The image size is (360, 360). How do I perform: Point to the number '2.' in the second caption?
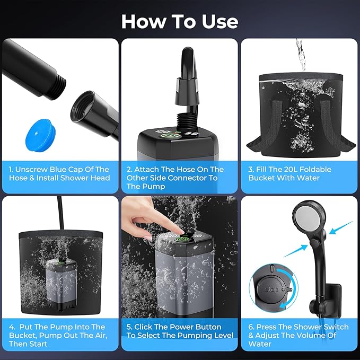(130, 169)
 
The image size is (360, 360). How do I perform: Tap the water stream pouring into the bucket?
(301, 56)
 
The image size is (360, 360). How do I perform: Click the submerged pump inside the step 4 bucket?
(62, 280)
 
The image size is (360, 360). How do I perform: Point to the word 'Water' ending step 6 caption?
(260, 344)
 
